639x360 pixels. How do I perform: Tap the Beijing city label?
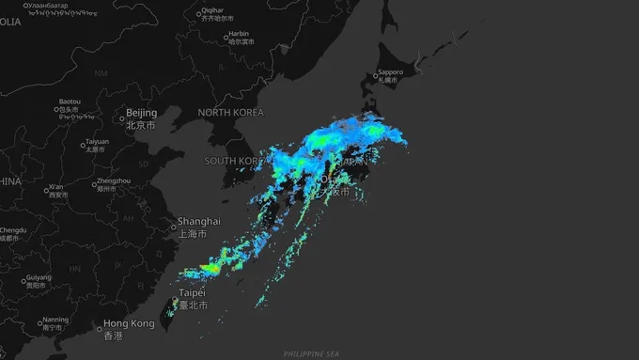coord(141,114)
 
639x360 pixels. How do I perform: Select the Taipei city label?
coord(191,293)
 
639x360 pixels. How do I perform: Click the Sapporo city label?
coord(390,72)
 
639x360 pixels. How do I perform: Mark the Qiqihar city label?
coord(211,11)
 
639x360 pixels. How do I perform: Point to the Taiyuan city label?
coord(98,142)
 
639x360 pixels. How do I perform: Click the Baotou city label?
coord(70,102)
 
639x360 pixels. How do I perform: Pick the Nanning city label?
coord(55,320)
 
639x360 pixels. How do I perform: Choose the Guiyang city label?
coord(39,278)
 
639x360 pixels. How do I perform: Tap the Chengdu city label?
coord(12,229)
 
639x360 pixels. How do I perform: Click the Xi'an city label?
coord(56,187)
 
